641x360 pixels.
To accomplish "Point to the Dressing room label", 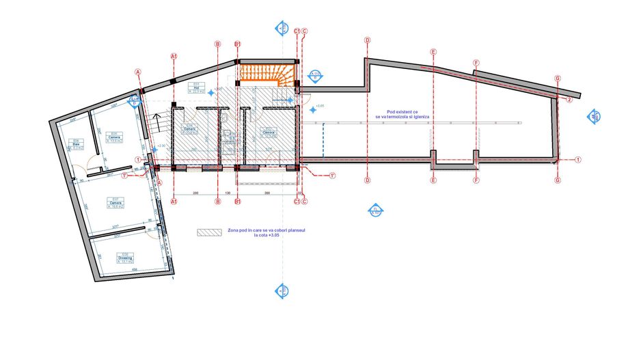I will pos(124,258).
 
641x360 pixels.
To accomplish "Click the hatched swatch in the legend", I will pos(208,232).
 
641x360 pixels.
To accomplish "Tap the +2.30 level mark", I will pos(161,146).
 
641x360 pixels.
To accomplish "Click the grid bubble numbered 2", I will pos(569,100).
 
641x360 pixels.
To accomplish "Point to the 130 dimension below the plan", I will pos(228,193).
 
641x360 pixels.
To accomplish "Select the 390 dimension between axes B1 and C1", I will pos(267,193).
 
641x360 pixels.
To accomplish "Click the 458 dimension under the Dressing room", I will pos(135,271).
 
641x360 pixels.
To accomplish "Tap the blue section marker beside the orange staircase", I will pos(315,77).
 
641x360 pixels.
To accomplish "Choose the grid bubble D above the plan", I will pos(367,40).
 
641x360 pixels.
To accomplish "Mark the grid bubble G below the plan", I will pos(558,180).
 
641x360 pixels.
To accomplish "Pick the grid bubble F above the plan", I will pos(476,63).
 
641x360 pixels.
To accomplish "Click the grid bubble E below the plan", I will pos(433,180).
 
